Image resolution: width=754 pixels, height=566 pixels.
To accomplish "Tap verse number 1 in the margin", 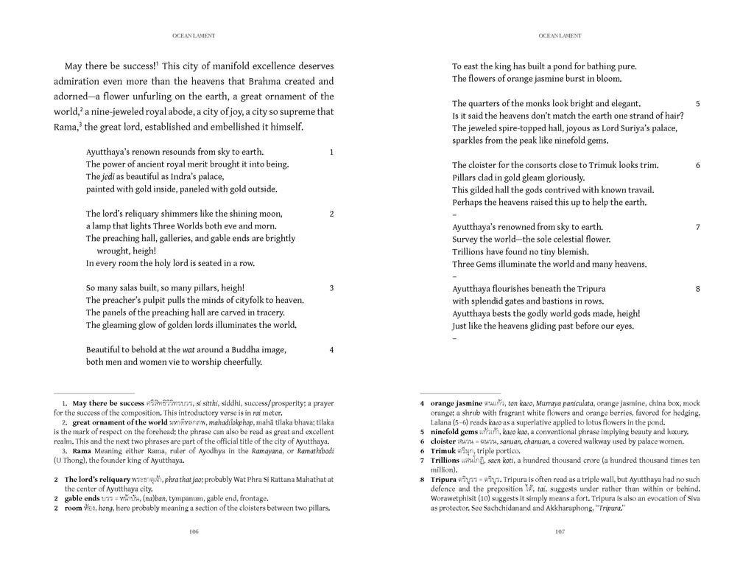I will click(331, 152).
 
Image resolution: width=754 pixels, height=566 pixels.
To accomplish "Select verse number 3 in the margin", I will click(331, 287).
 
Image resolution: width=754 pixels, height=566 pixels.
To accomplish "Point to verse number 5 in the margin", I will click(697, 104).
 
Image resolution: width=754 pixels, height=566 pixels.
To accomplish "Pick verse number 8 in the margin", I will click(697, 289).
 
